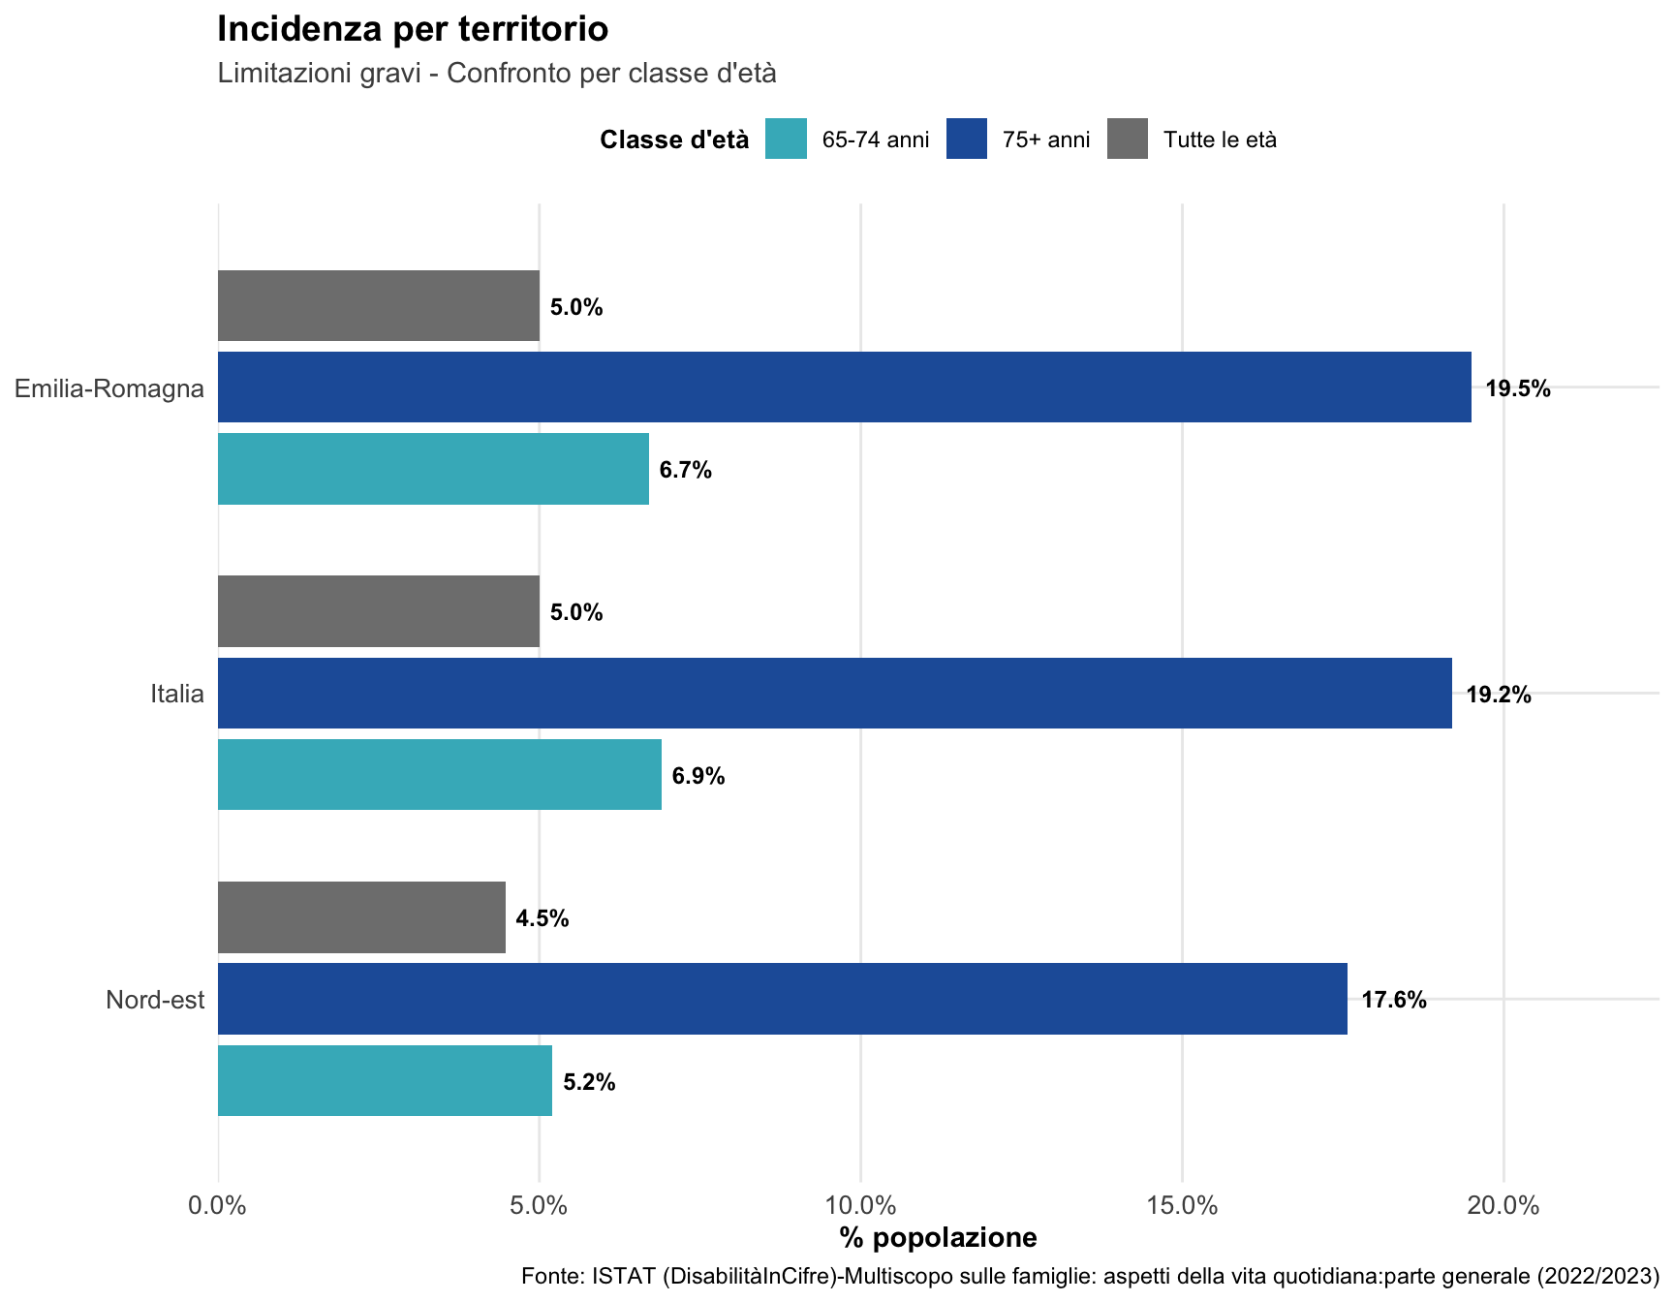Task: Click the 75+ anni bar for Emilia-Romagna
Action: click(x=844, y=387)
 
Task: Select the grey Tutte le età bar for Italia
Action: click(x=378, y=611)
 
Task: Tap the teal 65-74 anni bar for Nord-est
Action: click(x=385, y=1080)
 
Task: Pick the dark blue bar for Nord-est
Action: click(x=782, y=999)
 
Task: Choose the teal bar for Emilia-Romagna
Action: click(x=433, y=469)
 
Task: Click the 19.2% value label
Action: click(x=1499, y=695)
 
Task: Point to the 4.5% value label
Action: click(x=542, y=918)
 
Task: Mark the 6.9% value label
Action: click(x=698, y=776)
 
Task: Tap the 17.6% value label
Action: click(x=1394, y=1000)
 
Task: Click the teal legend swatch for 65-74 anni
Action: click(x=786, y=139)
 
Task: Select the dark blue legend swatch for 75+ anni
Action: click(x=966, y=139)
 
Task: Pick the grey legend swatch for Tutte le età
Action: click(x=1128, y=139)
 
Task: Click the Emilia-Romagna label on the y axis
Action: click(x=109, y=388)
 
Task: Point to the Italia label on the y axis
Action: click(x=177, y=694)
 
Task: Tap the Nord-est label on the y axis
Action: click(x=155, y=1000)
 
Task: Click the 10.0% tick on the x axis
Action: click(x=860, y=1206)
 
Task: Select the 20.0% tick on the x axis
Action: click(x=1503, y=1206)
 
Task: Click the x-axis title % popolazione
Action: click(x=938, y=1237)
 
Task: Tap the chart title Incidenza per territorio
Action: click(x=413, y=29)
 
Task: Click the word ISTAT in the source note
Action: click(x=625, y=1277)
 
